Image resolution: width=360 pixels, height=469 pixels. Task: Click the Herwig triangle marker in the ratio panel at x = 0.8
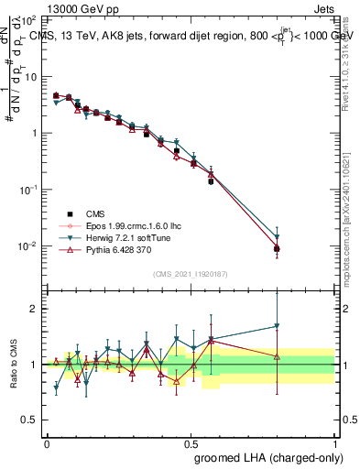click(x=277, y=326)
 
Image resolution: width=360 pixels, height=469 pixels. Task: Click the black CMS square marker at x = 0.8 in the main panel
click(x=277, y=248)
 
